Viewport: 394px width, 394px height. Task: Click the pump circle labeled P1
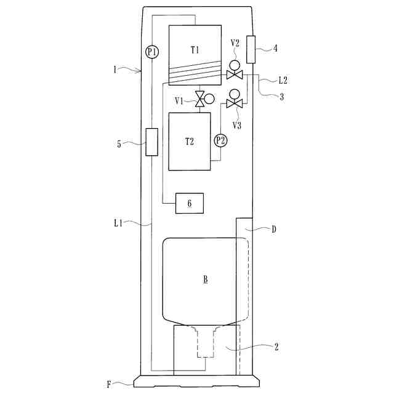(152, 52)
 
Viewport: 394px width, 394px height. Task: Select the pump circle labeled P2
(220, 141)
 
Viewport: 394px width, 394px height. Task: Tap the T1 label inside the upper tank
(195, 50)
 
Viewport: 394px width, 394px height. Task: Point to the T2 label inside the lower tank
(190, 142)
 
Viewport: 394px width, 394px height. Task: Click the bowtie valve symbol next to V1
(200, 99)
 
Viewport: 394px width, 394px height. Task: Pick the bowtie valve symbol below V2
(235, 74)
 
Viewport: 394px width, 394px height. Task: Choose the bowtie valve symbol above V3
(235, 103)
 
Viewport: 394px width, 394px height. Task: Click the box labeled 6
(190, 203)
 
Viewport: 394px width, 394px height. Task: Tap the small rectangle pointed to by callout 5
(152, 142)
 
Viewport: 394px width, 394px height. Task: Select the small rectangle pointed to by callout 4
(251, 49)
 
